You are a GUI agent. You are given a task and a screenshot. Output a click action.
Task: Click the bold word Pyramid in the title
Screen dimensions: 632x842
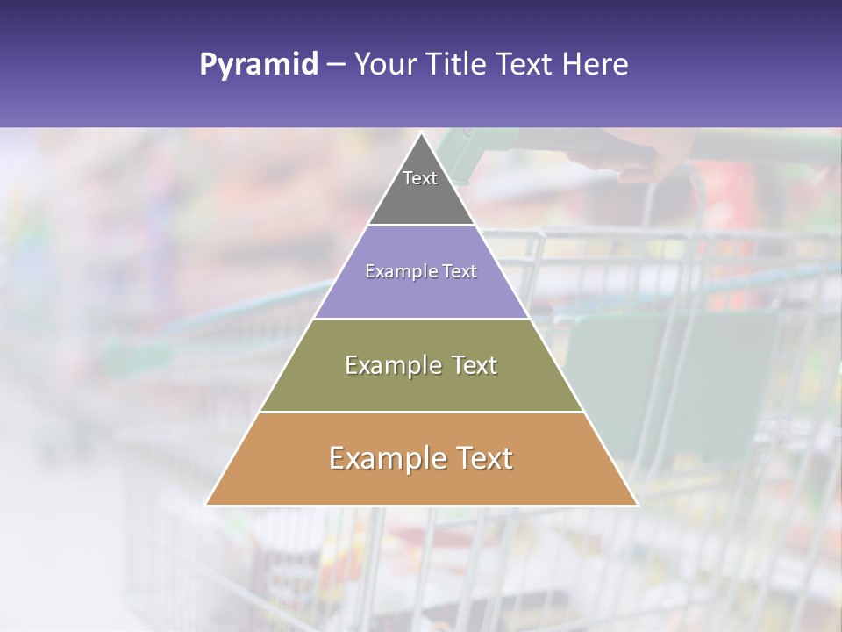[x=259, y=65]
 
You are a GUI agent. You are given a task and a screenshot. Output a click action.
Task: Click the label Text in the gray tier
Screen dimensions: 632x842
[x=420, y=178]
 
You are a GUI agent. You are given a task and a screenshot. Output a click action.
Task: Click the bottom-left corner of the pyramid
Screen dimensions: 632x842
[x=207, y=505]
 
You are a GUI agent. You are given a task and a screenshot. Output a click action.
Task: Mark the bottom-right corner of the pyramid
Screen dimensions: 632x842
[x=636, y=505]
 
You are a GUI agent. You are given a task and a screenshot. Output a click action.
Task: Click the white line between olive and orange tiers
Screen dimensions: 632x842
[x=421, y=412]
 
